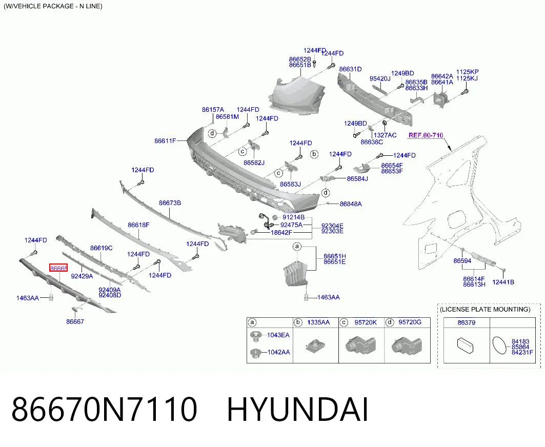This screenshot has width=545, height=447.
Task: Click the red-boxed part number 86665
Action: tap(58, 268)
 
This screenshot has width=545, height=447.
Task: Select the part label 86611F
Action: tap(165, 141)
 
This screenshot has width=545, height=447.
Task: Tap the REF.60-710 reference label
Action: tap(426, 135)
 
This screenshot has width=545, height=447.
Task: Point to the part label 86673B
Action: tap(170, 202)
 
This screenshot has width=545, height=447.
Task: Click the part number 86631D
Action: tap(350, 69)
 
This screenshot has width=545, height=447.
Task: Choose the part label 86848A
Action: tap(351, 204)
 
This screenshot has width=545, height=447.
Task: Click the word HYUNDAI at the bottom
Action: tap(297, 410)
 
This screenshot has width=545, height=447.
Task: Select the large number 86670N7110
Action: tap(104, 410)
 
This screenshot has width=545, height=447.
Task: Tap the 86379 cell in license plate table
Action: tap(467, 322)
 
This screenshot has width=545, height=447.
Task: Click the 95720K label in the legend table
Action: tap(366, 322)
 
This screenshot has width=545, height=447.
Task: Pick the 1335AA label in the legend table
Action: tap(318, 322)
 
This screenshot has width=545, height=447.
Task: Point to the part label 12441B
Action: tap(503, 282)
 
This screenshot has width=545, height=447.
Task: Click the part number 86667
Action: tap(75, 321)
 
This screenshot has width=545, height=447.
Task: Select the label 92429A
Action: tap(82, 276)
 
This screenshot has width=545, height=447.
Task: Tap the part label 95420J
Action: tap(380, 79)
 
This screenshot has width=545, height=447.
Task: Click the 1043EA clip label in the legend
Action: tap(278, 335)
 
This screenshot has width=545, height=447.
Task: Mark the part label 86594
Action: tap(462, 261)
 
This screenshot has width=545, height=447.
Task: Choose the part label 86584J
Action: tap(357, 179)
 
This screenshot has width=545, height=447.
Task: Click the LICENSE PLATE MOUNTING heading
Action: tap(485, 309)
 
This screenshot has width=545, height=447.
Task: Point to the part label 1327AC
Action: tap(385, 135)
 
